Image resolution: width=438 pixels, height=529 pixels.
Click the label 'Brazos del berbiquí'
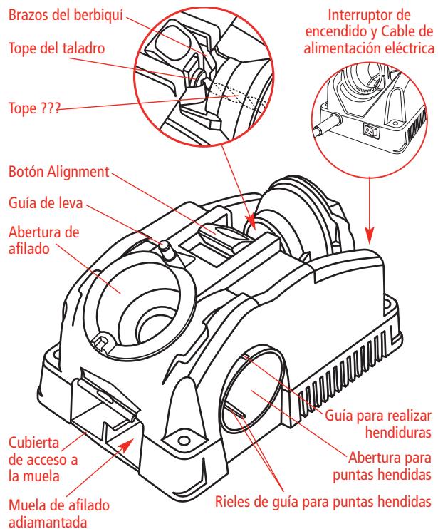click(64, 12)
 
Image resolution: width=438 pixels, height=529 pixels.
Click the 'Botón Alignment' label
click(58, 172)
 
